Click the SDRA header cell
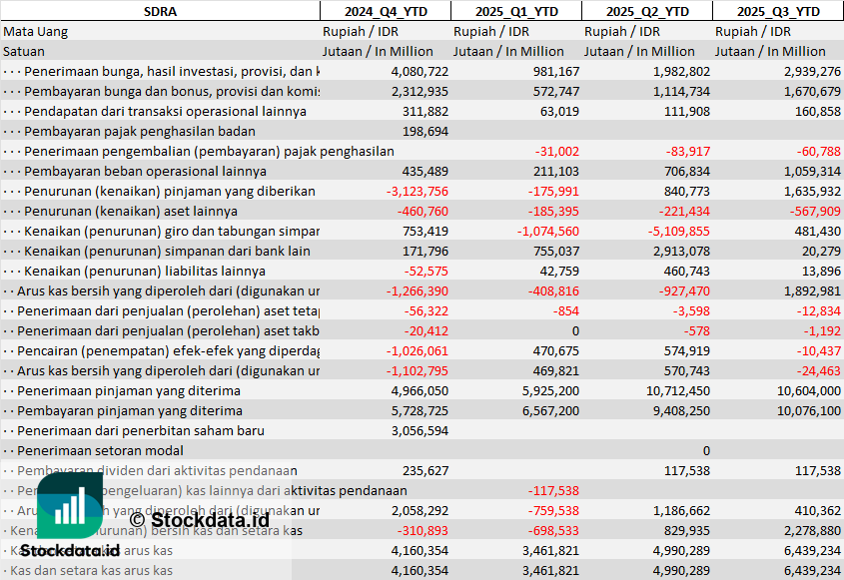160,11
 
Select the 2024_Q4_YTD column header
385,11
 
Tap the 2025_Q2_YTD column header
647,11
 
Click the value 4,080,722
420,72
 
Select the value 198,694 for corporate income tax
424,132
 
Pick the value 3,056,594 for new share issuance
420,431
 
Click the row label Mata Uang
33,31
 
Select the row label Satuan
24,51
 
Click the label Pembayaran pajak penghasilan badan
140,132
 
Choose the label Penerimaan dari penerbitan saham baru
141,431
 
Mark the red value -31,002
556,152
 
